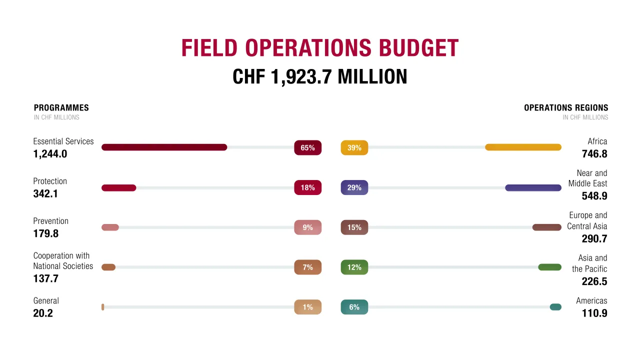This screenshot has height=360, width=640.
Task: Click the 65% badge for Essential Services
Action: (307, 148)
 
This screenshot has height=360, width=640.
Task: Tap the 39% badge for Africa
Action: (354, 148)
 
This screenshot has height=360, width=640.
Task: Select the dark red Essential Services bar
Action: (164, 147)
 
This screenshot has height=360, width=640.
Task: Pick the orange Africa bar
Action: (523, 147)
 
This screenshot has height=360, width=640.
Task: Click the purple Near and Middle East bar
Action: (533, 188)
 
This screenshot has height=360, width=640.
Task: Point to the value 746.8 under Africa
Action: (594, 154)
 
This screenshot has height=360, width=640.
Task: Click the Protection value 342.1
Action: (45, 193)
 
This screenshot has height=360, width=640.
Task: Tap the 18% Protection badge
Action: (307, 187)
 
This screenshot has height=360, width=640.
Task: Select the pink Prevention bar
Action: (110, 227)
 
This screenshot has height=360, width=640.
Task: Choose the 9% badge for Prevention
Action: (307, 227)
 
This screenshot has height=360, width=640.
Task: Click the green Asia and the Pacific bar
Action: (549, 267)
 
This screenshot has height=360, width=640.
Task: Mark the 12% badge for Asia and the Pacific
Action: (354, 267)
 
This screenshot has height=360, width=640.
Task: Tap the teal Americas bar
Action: (555, 307)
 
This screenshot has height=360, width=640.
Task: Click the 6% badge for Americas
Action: (354, 307)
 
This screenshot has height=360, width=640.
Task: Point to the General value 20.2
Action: (43, 313)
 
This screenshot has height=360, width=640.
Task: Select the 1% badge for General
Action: (307, 307)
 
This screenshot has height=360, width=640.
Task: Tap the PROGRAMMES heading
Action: (61, 107)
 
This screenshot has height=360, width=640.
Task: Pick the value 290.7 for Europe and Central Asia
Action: (594, 238)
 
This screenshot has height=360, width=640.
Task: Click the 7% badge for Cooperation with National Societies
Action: (307, 267)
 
